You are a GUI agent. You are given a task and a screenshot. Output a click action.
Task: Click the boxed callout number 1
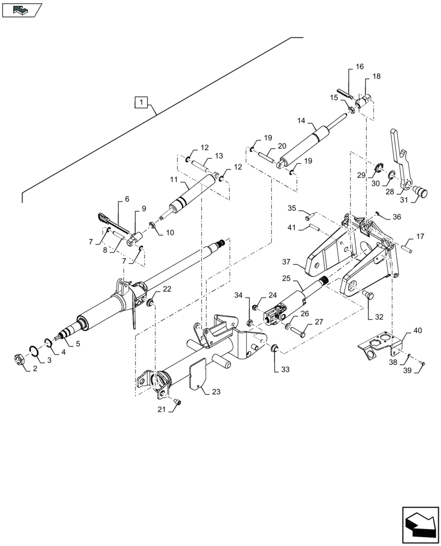[x=141, y=102]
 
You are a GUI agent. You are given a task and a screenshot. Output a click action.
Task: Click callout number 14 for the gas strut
[x=301, y=121]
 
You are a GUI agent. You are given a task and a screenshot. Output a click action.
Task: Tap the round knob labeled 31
[x=421, y=192]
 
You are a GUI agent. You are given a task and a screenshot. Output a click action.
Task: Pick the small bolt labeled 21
[x=176, y=402]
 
